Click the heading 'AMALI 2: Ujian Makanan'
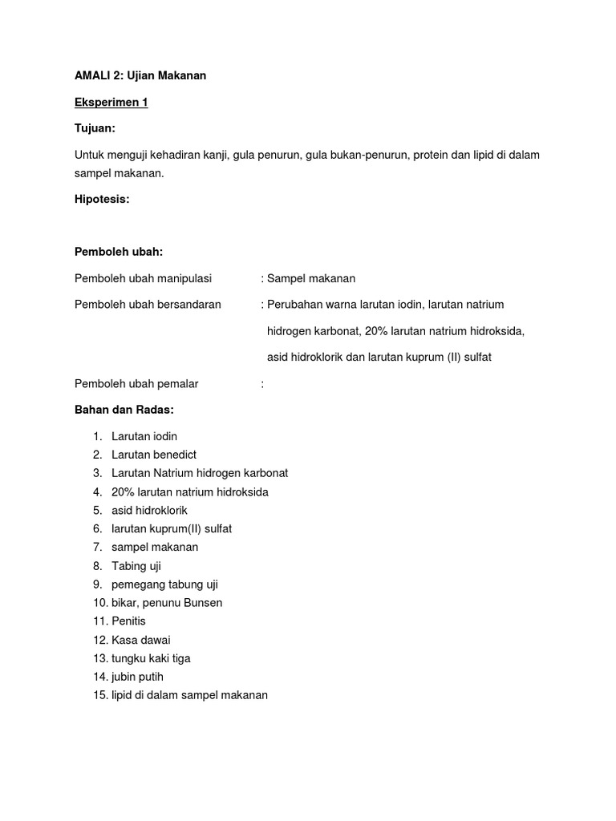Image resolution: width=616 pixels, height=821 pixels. click(141, 76)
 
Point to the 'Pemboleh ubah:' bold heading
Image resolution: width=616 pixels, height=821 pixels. click(118, 252)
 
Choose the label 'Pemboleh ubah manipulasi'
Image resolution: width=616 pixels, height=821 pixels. click(143, 278)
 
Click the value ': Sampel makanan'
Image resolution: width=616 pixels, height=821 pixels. click(308, 278)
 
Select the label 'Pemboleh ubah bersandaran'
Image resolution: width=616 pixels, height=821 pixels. click(148, 305)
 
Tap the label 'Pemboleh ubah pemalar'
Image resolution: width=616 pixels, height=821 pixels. click(136, 384)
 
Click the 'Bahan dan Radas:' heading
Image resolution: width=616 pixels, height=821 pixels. click(124, 410)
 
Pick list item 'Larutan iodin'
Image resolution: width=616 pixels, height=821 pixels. click(144, 436)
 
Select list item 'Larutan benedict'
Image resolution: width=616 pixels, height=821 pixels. click(154, 455)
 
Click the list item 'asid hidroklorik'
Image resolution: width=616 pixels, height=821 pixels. click(149, 510)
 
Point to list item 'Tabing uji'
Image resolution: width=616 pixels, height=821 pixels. click(136, 566)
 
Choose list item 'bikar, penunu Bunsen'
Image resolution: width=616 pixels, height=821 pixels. click(167, 603)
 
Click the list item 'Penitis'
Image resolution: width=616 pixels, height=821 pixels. click(128, 621)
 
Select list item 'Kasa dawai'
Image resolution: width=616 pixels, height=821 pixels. click(141, 640)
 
